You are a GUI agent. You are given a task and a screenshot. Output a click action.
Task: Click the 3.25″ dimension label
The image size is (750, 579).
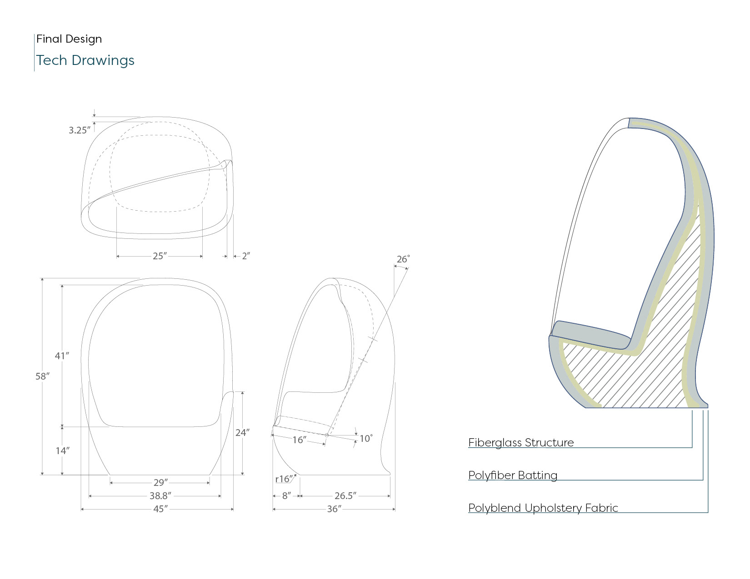pyautogui.click(x=80, y=130)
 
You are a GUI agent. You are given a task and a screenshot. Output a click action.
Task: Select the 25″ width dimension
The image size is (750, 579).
pyautogui.click(x=160, y=256)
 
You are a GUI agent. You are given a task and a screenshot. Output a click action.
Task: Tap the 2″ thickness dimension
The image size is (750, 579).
pyautogui.click(x=246, y=256)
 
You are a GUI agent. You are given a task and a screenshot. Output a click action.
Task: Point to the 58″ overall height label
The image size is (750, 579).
pyautogui.click(x=42, y=376)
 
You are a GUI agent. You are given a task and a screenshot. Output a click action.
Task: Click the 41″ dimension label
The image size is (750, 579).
pyautogui.click(x=62, y=356)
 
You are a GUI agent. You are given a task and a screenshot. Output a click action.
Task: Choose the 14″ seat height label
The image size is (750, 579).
pyautogui.click(x=62, y=451)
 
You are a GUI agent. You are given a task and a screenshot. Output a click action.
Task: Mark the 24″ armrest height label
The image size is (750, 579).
pyautogui.click(x=242, y=433)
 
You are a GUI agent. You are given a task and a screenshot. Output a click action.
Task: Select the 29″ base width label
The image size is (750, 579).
pyautogui.click(x=160, y=483)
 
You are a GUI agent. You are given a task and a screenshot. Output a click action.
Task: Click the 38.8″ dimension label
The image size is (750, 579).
pyautogui.click(x=160, y=496)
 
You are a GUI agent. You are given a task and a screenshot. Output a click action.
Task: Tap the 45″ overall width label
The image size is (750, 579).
pyautogui.click(x=160, y=509)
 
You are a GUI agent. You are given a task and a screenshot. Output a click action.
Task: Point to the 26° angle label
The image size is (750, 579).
pyautogui.click(x=403, y=259)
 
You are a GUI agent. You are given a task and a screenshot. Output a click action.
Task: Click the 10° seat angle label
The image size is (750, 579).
pyautogui.click(x=366, y=439)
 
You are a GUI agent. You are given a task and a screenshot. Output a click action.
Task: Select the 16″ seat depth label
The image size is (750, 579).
pyautogui.click(x=299, y=440)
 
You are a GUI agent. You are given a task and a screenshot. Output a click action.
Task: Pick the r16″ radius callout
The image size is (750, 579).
pyautogui.click(x=284, y=479)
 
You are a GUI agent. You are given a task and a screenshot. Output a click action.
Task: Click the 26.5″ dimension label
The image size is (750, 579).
pyautogui.click(x=345, y=496)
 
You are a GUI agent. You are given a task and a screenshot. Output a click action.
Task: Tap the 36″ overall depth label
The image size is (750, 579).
pyautogui.click(x=334, y=509)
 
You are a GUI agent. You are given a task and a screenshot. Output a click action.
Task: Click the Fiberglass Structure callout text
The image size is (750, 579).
pyautogui.click(x=521, y=443)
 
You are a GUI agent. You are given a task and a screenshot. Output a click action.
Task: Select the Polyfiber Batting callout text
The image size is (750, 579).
pyautogui.click(x=513, y=475)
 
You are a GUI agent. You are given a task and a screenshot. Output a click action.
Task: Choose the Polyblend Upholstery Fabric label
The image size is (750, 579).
pyautogui.click(x=543, y=508)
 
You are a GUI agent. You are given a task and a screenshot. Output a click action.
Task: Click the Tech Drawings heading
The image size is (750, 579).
pyautogui.click(x=85, y=60)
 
